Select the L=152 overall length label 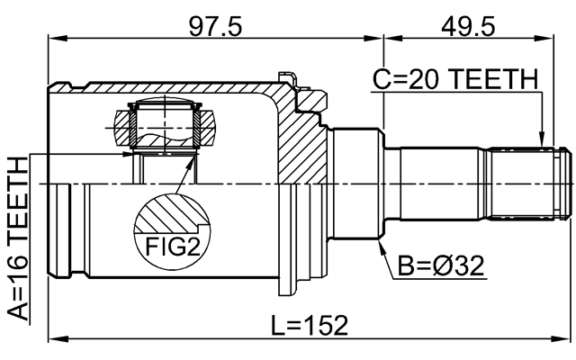point(311,322)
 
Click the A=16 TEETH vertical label point(18,238)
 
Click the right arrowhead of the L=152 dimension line point(566,339)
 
